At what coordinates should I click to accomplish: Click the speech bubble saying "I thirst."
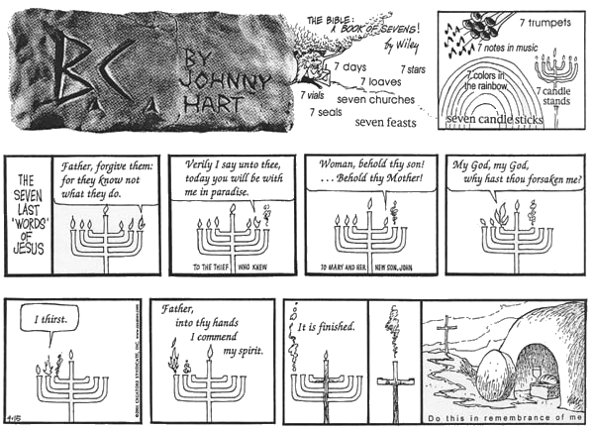tap(50, 321)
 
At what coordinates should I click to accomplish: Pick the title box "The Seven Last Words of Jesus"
tap(27, 213)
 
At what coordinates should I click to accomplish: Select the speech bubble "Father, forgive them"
tap(102, 177)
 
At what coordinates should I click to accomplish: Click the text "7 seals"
tap(325, 114)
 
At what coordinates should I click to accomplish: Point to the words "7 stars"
tap(412, 69)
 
